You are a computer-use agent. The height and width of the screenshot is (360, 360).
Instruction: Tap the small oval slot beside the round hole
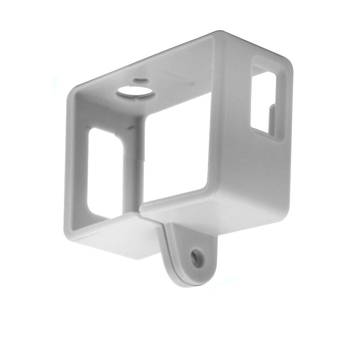(140, 81)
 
